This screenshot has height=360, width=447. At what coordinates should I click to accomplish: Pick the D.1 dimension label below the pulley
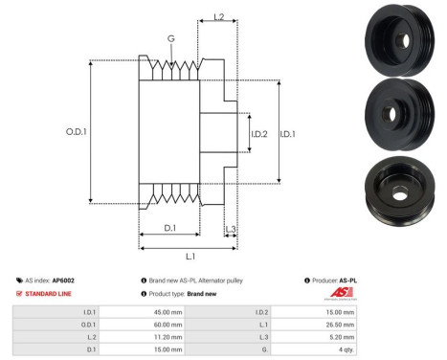[168, 228]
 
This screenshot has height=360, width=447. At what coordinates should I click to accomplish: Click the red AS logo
[342, 293]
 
